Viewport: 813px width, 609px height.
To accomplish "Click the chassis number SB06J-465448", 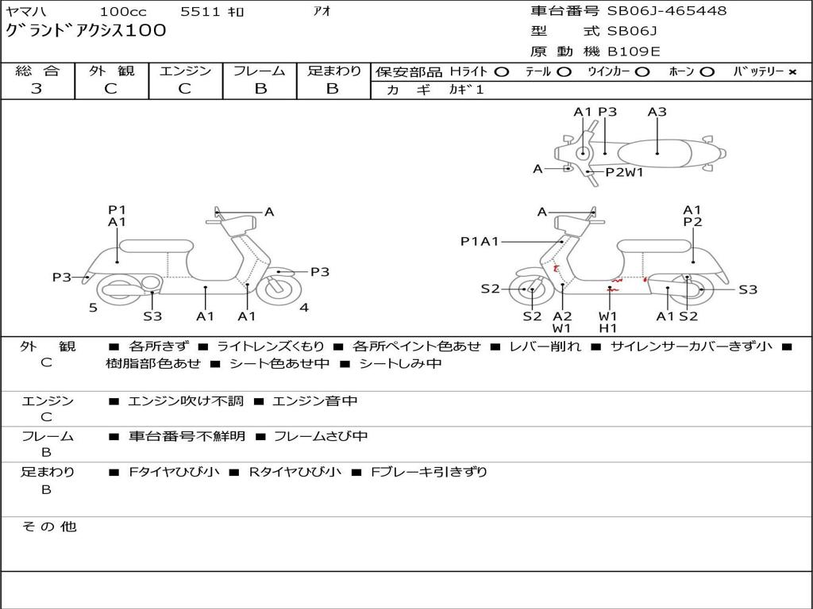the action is [x=667, y=11].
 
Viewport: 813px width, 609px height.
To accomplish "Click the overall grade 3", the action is [x=37, y=89].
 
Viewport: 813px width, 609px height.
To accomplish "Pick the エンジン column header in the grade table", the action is [x=185, y=71].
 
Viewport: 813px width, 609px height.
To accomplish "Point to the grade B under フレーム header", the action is [x=260, y=89].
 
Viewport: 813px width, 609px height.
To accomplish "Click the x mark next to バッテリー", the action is [x=792, y=71].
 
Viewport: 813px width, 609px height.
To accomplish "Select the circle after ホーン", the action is [x=707, y=71].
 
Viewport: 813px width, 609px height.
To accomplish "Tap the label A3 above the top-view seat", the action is [x=657, y=112].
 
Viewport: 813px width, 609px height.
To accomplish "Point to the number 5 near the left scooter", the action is [x=93, y=308].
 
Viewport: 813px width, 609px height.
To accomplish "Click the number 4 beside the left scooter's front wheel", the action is [x=304, y=308].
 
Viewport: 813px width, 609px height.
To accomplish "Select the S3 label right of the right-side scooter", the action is [x=748, y=289].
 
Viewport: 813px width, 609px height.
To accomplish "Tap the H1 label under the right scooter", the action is [x=608, y=327].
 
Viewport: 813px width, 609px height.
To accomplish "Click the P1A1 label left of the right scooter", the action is [x=480, y=242].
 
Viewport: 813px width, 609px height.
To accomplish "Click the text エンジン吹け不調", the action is [x=187, y=401].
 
